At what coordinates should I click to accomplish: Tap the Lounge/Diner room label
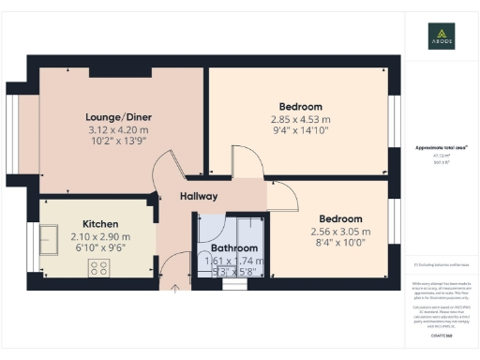[119, 117]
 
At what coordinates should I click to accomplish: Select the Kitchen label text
[99, 224]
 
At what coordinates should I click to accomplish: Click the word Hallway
[199, 197]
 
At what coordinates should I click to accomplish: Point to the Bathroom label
[220, 248]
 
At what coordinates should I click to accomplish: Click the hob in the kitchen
[99, 270]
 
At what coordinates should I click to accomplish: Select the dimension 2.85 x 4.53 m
[300, 119]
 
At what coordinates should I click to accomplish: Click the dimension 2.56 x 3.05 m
[340, 232]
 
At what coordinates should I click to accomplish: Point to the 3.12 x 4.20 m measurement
[119, 129]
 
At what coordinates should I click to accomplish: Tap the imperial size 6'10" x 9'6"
[99, 249]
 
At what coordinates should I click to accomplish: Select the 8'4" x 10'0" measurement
[340, 244]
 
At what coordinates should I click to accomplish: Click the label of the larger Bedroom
[300, 106]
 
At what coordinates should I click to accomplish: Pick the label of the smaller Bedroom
[340, 217]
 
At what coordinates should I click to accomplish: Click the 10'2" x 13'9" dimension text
[119, 142]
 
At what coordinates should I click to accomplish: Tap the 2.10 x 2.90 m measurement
[99, 237]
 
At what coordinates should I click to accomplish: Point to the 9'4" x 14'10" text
[300, 131]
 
